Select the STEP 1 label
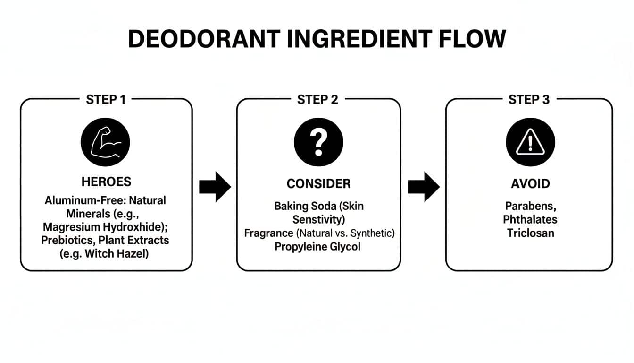[x=106, y=100]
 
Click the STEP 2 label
[x=318, y=100]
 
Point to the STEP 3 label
[x=529, y=100]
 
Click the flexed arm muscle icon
[x=105, y=142]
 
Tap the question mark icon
[x=318, y=142]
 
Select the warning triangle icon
[x=530, y=142]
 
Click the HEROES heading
[x=106, y=182]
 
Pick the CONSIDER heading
[x=318, y=183]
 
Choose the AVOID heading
[x=530, y=183]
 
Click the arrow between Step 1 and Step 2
[x=215, y=187]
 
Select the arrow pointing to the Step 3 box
[x=423, y=187]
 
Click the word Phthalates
[x=530, y=219]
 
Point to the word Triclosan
[x=530, y=233]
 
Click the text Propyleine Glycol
[x=317, y=246]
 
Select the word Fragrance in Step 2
[x=268, y=233]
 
